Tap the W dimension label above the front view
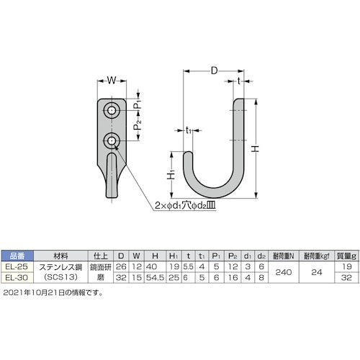point(112,80)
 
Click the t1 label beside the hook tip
point(188,130)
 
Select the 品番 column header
point(19,255)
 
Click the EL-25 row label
point(19,264)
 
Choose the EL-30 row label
point(19,274)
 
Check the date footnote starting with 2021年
point(53,293)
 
